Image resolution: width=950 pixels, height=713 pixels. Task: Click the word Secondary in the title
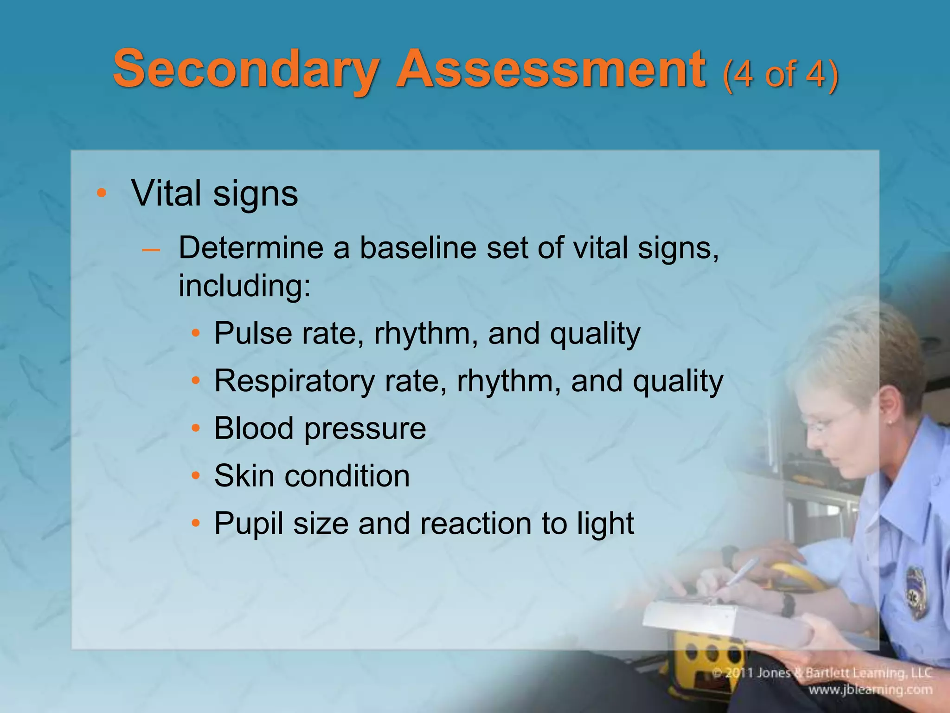tap(245, 70)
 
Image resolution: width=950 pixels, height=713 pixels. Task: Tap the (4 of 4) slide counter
tap(780, 74)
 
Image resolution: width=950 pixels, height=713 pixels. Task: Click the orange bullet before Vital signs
tap(101, 193)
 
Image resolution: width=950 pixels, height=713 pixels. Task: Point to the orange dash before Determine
tap(151, 250)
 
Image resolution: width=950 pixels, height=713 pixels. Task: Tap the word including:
tap(244, 286)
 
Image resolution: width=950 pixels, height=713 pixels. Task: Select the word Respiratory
tap(294, 382)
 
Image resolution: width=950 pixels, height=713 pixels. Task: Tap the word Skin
tap(244, 476)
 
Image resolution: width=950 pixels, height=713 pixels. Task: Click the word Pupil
tap(249, 524)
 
